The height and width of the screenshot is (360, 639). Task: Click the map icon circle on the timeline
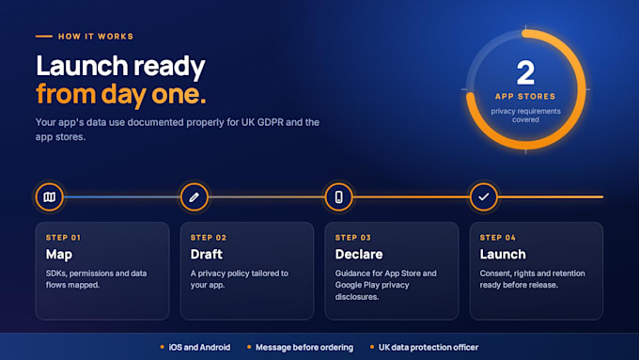[49, 197]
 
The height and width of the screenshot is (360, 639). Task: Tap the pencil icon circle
[194, 197]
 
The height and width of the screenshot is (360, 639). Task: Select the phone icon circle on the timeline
[338, 197]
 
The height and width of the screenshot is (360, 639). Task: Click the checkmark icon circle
[484, 197]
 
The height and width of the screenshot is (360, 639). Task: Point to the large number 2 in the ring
[525, 73]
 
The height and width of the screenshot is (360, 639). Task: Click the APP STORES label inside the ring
[525, 97]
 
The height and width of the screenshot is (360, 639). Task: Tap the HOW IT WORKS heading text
[96, 37]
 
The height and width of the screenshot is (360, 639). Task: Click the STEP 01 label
[63, 238]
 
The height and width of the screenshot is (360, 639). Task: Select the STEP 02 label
[209, 238]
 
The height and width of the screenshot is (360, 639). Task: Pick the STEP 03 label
[353, 238]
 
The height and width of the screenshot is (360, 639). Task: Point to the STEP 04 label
[498, 238]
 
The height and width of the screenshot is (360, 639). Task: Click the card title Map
[59, 255]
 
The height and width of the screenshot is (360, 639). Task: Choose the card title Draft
[207, 255]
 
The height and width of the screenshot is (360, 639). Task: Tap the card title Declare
[359, 255]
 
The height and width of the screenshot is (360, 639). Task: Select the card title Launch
[503, 255]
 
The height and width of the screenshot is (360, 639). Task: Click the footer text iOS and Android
[199, 348]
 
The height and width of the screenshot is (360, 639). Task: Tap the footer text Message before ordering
[304, 348]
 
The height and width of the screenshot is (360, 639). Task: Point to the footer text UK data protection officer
[429, 348]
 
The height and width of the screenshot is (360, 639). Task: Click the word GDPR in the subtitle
[271, 122]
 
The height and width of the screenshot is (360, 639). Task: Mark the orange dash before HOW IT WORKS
[44, 37]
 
